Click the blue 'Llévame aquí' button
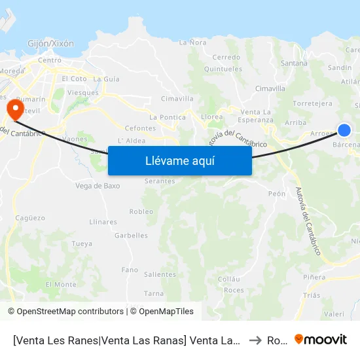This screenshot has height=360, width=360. [179, 160]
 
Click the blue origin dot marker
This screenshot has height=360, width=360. [344, 130]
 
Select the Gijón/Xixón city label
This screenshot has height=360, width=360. [50, 44]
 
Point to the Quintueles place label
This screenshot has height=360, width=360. [223, 69]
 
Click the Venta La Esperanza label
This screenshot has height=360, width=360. [256, 116]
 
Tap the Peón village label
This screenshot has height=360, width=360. [277, 194]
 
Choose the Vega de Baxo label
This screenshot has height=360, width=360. [98, 185]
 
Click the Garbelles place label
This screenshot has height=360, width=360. [131, 236]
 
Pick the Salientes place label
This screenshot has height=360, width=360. [160, 275]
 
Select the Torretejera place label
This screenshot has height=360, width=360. [313, 103]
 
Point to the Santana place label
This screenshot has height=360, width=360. [294, 63]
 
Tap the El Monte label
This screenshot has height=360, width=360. [61, 285]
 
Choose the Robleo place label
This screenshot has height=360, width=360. [141, 211]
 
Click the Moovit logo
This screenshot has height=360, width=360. [321, 340]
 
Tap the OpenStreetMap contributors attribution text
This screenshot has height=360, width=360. [66, 312]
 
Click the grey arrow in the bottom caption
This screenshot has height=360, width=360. [255, 340]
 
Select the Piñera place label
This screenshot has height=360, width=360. [314, 278]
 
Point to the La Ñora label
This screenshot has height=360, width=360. [193, 43]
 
